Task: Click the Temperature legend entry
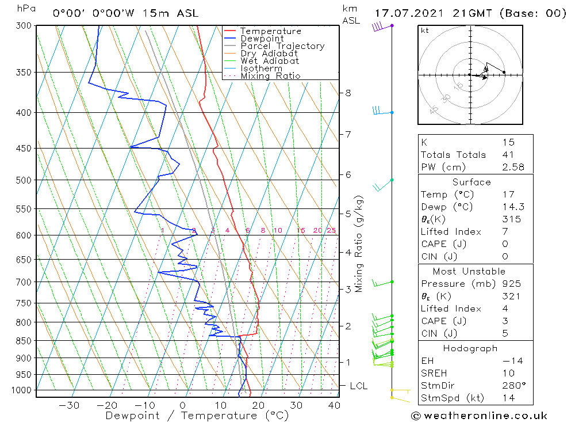pos(270,31)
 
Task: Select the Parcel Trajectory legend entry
pos(282,46)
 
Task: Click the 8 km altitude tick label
pos(348,93)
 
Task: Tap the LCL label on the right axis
pos(358,386)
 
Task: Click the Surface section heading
pos(471,183)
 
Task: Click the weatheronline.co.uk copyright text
pos(479,416)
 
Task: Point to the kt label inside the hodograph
pos(425,31)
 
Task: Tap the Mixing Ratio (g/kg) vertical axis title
pos(359,244)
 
